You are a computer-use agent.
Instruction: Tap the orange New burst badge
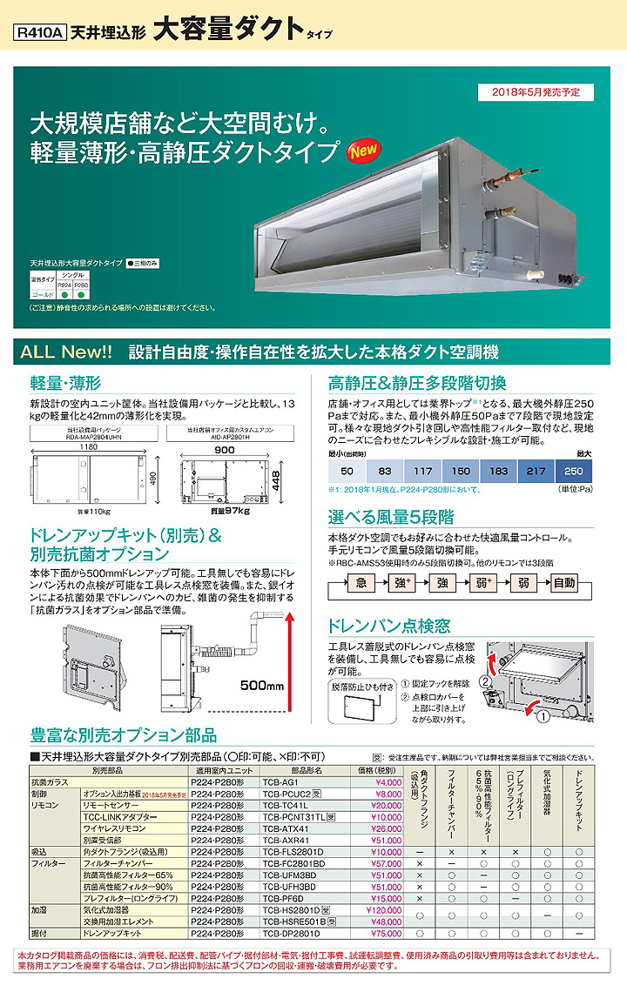click(x=362, y=150)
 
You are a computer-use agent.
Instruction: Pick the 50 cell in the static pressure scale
click(x=347, y=471)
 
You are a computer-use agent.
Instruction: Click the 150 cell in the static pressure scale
click(x=460, y=471)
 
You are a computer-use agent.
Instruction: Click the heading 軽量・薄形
click(x=65, y=382)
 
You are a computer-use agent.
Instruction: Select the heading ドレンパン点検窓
click(x=389, y=625)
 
